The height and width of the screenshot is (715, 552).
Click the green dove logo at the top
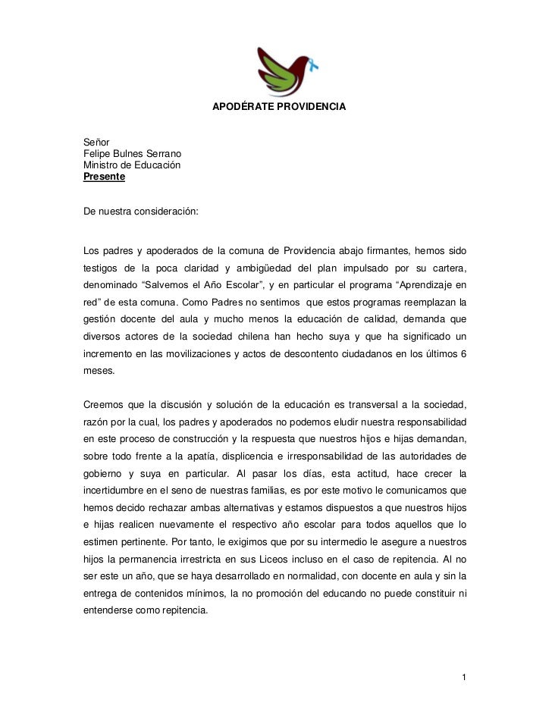(284, 71)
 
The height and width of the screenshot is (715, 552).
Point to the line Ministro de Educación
(132, 165)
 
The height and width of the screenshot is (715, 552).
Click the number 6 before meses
(463, 355)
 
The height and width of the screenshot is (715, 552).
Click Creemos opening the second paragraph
(106, 402)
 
